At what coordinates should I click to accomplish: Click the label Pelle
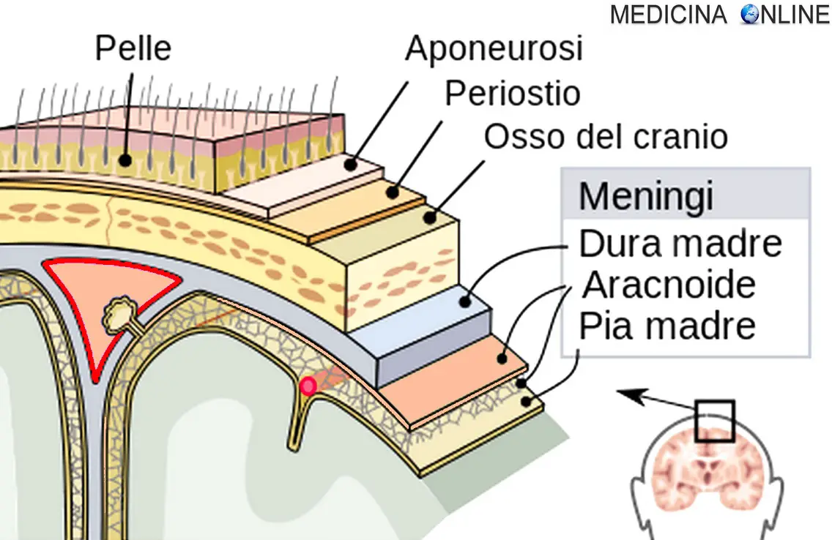tap(133, 49)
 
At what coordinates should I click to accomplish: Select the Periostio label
tap(513, 93)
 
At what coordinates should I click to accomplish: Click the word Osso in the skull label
tap(516, 137)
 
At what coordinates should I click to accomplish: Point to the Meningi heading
tap(646, 196)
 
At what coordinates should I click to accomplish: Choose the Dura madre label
tap(680, 244)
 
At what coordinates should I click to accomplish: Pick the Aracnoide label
tap(668, 285)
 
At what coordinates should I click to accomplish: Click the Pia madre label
tap(667, 326)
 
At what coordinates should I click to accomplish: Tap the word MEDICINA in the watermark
tap(669, 14)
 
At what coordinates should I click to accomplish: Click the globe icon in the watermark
tap(751, 14)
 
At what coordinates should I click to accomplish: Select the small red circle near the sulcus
tap(309, 386)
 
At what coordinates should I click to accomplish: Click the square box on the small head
tap(714, 421)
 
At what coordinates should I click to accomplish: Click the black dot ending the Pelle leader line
tap(125, 159)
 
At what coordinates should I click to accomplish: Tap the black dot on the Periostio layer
tap(393, 192)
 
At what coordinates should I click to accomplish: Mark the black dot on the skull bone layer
tap(430, 217)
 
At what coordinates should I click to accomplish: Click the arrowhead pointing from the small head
tap(625, 394)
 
